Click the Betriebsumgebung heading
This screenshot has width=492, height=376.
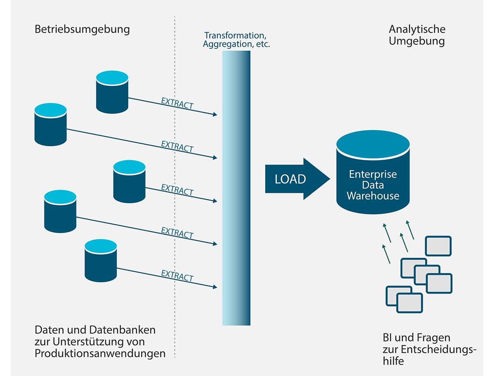pyautogui.click(x=82, y=29)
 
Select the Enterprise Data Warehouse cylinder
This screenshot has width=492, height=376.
pyautogui.click(x=373, y=172)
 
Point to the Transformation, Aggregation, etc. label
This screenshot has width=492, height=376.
pyautogui.click(x=236, y=40)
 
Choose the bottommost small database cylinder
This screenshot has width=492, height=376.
pyautogui.click(x=101, y=261)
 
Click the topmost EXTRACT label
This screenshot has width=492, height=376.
pyautogui.click(x=177, y=103)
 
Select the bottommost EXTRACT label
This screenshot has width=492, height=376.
pyautogui.click(x=177, y=275)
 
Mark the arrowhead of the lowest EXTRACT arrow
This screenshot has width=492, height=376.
pyautogui.click(x=215, y=287)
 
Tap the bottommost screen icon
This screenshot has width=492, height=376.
pyautogui.click(x=410, y=303)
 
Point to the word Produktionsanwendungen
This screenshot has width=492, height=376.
pyautogui.click(x=100, y=353)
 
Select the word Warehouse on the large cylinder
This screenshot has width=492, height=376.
pyautogui.click(x=373, y=196)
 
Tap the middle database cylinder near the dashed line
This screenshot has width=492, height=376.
pyautogui.click(x=129, y=181)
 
